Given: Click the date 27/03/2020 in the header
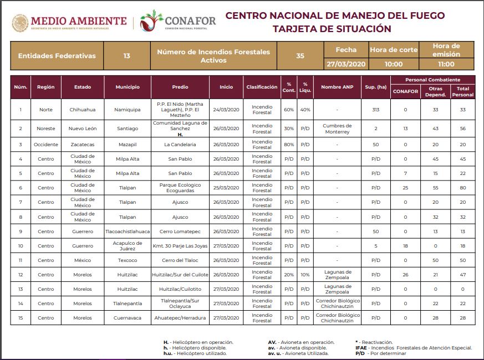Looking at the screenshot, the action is coord(346,64).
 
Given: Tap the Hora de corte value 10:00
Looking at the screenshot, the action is coord(393,64).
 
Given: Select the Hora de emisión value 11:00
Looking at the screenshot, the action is coord(446,64).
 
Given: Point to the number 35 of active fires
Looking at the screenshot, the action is coord(300,56).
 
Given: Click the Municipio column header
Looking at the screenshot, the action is coord(128,87).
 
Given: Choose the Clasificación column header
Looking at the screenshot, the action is coord(262,87).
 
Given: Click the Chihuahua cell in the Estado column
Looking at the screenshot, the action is coord(83,110).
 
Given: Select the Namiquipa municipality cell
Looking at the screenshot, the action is coord(128,110).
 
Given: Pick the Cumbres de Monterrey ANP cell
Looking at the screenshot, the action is coord(337,128).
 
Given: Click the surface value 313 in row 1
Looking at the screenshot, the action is coord(376,110).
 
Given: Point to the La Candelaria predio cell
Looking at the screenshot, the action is coord(180,145).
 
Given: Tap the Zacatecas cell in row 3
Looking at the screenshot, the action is coord(83,145).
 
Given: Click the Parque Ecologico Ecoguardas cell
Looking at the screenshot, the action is coord(180,188).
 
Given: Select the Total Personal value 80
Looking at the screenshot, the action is coord(462,188).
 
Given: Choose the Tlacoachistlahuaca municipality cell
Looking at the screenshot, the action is coord(128,232).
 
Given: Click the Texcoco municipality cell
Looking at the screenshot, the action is coord(128,260).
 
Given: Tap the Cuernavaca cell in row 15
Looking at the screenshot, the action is coord(128,318).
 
